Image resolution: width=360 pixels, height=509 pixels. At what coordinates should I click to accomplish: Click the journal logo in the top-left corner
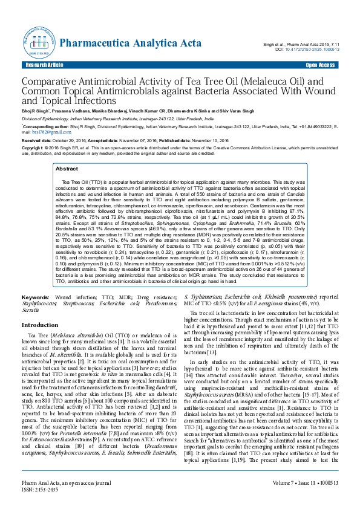tap(37, 41)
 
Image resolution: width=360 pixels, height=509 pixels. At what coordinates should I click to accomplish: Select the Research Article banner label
tap(44, 65)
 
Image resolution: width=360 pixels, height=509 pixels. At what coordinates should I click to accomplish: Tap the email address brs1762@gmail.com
tap(37, 131)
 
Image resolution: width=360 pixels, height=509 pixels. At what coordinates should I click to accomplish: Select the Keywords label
tap(36, 299)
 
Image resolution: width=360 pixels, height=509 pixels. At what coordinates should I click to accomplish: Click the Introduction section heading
tap(40, 325)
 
